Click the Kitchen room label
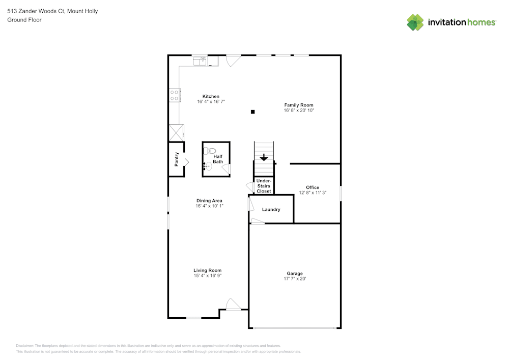[x=211, y=96]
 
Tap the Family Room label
[x=299, y=105]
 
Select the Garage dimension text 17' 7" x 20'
[x=295, y=279]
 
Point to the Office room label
[x=313, y=187]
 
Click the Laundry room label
[x=271, y=209]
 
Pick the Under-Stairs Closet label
[x=264, y=186]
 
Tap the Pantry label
[x=177, y=159]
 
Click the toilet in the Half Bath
[x=209, y=151]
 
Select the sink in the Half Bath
[x=208, y=167]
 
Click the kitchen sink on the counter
[x=200, y=61]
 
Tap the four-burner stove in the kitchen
[x=174, y=95]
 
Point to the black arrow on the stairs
[x=264, y=157]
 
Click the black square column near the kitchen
[x=252, y=112]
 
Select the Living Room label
[x=208, y=270]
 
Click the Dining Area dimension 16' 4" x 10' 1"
[x=209, y=206]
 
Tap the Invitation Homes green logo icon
[x=415, y=22]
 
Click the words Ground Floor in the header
[x=24, y=20]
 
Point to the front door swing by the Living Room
[x=233, y=304]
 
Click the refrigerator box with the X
[x=176, y=133]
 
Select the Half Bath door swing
[x=227, y=169]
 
